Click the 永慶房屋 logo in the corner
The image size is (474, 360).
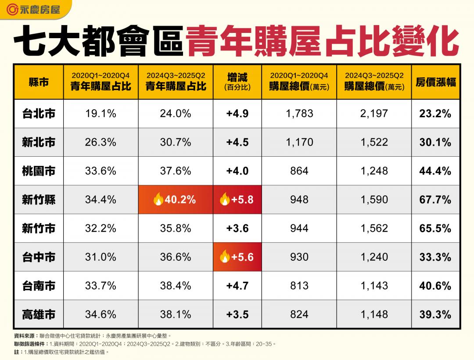tap(32, 9)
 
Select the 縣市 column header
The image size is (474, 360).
tap(39, 82)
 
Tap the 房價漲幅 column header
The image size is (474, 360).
tap(435, 82)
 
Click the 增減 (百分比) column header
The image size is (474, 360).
tap(237, 82)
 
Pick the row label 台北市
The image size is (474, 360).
tap(39, 114)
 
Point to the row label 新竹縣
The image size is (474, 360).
tap(39, 200)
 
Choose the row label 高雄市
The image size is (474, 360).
tap(39, 314)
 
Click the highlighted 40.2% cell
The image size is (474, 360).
tap(176, 200)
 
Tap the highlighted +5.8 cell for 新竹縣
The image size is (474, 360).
tap(237, 200)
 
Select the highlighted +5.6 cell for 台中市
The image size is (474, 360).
tap(237, 257)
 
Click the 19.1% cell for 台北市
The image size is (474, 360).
tap(101, 114)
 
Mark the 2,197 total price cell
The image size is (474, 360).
tap(373, 114)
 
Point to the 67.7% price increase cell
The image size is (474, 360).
tap(435, 200)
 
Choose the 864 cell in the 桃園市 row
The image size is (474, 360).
tap(299, 171)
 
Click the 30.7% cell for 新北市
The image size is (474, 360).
tap(176, 142)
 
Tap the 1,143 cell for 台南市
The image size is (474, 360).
tap(373, 286)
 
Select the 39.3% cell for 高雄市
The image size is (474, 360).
tap(435, 314)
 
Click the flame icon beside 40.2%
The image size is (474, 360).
tap(158, 200)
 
